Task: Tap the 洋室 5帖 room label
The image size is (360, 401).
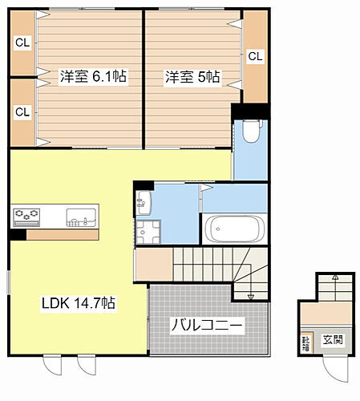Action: click(192, 77)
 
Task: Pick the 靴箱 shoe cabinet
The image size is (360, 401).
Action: click(306, 342)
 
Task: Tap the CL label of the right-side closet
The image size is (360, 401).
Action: click(255, 56)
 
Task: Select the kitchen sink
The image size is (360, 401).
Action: click(80, 215)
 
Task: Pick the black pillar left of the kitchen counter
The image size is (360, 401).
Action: click(18, 235)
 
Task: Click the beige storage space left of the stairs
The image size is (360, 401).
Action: click(153, 264)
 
